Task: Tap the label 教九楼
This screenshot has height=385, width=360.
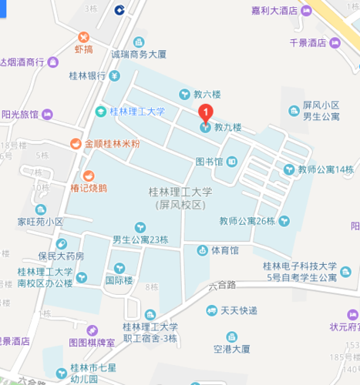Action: click(x=227, y=127)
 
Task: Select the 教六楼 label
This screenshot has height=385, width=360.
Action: click(x=207, y=95)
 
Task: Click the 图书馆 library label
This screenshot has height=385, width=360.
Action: click(x=209, y=161)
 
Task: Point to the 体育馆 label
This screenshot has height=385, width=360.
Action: click(x=224, y=250)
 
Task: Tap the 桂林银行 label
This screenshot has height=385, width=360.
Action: click(x=87, y=76)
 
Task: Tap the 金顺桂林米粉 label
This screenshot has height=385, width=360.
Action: click(x=113, y=143)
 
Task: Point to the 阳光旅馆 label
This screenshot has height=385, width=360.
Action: click(x=19, y=114)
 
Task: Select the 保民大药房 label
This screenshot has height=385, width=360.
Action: click(x=61, y=256)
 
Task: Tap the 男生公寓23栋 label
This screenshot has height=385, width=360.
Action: click(x=140, y=239)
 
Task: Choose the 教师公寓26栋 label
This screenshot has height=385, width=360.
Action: click(x=247, y=221)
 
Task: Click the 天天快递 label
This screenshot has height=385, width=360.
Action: click(x=238, y=310)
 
